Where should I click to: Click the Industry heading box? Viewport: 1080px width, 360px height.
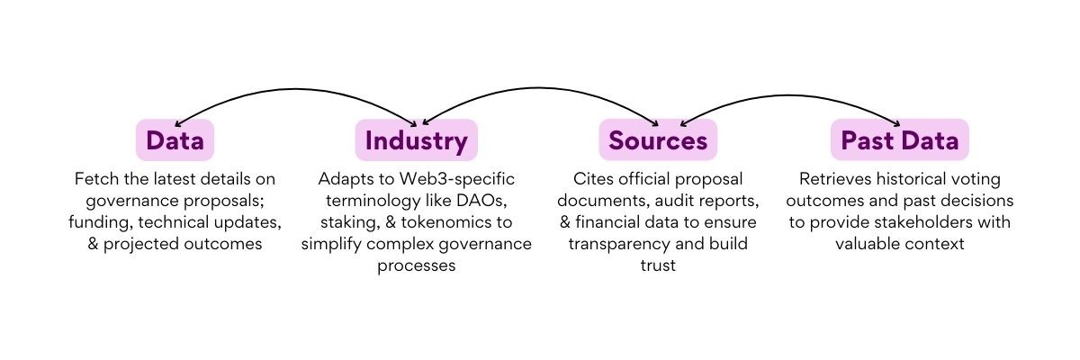coord(416,140)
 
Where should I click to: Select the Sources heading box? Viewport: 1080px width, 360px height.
coord(658,140)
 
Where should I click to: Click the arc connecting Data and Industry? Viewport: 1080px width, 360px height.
coord(297,89)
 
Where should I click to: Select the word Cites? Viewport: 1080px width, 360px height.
coord(594,179)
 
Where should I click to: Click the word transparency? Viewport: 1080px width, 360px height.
coord(619,243)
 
